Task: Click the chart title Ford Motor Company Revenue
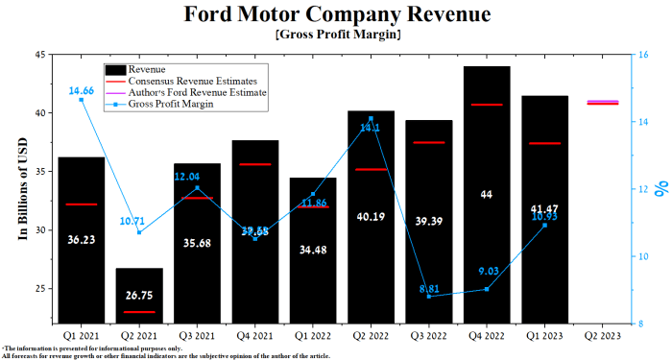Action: pyautogui.click(x=336, y=15)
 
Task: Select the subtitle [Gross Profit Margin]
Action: pyautogui.click(x=336, y=35)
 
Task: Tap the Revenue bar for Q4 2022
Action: pyautogui.click(x=488, y=230)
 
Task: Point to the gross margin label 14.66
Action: pyautogui.click(x=82, y=90)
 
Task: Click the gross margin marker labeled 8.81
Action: pyautogui.click(x=429, y=297)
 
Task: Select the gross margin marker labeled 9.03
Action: pyautogui.click(x=488, y=289)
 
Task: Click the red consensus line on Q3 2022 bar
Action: pyautogui.click(x=429, y=142)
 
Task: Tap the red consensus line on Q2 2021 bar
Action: pyautogui.click(x=139, y=312)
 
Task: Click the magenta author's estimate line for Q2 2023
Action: pyautogui.click(x=603, y=101)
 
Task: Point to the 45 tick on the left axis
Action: pyautogui.click(x=41, y=55)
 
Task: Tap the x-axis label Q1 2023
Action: pyautogui.click(x=545, y=336)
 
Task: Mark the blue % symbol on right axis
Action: pyautogui.click(x=661, y=189)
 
